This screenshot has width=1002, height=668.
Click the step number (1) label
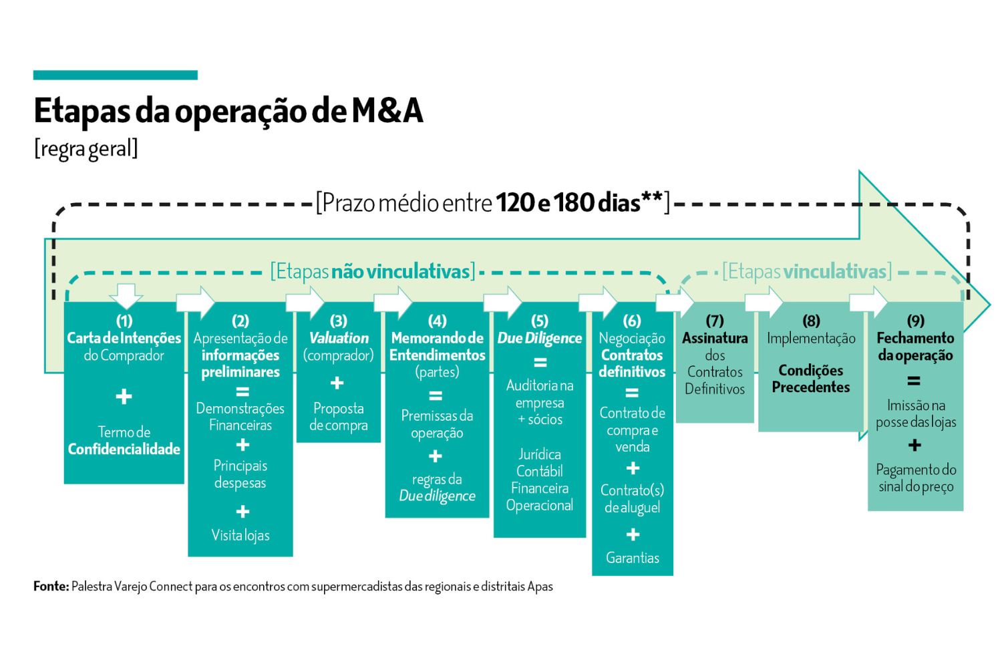click(124, 321)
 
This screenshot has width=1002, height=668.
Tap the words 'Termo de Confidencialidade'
click(124, 441)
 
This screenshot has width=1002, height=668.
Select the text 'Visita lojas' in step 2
click(240, 536)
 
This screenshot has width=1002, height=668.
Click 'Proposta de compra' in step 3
click(339, 417)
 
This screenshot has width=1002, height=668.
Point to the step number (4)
click(437, 321)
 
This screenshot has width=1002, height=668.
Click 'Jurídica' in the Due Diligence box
click(540, 455)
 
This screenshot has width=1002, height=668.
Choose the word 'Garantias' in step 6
click(633, 558)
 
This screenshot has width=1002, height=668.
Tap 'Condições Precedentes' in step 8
click(810, 379)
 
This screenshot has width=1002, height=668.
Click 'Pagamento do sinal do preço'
click(916, 478)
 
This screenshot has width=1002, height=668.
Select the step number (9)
click(916, 321)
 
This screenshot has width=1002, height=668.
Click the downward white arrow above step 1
click(126, 296)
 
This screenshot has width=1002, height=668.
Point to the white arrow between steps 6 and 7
click(675, 302)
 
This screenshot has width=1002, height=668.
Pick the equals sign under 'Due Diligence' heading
click(540, 362)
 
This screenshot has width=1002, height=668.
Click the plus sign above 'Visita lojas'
click(242, 511)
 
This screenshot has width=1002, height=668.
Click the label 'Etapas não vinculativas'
click(373, 272)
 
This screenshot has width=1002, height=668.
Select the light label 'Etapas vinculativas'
click(807, 272)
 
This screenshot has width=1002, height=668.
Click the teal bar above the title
click(116, 75)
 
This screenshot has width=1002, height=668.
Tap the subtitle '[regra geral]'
click(86, 149)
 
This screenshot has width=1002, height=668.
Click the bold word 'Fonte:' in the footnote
click(51, 586)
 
